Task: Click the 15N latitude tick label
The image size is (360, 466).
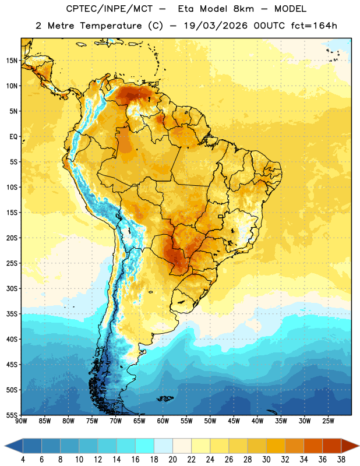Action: [12, 61]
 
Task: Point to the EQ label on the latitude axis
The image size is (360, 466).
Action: [13, 137]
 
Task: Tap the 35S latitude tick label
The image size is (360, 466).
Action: [12, 314]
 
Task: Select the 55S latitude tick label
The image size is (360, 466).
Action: [12, 415]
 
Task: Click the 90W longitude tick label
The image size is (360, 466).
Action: [21, 421]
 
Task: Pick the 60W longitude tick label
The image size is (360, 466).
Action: [163, 421]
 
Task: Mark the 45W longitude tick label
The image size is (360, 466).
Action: [234, 421]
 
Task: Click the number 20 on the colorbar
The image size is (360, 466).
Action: [172, 460]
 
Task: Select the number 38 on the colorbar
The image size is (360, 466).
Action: [341, 460]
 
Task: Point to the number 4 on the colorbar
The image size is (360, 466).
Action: [23, 460]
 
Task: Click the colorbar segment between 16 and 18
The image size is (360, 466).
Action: [145, 446]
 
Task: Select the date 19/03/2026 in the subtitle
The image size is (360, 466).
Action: [216, 26]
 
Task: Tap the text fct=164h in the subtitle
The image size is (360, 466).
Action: [314, 26]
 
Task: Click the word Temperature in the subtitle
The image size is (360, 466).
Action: [111, 26]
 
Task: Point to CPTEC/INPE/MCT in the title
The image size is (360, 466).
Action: [110, 9]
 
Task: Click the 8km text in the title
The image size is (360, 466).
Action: [243, 9]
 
